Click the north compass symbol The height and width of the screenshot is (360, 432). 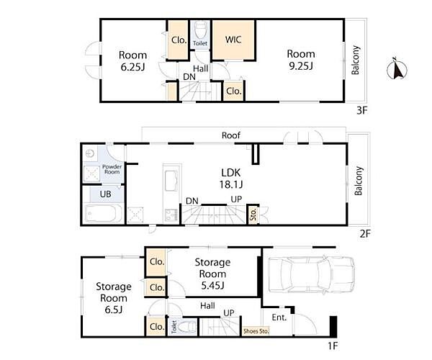point(397,69)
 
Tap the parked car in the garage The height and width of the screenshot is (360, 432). point(311,274)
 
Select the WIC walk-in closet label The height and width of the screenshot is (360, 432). point(233,40)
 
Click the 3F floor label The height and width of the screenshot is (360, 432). point(362,110)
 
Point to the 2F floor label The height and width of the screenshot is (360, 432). point(365,233)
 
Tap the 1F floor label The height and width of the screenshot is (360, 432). point(333,346)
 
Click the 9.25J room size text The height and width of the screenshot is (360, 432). point(301,66)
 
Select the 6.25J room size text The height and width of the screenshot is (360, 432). point(132,67)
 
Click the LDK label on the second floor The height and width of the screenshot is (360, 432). point(231,173)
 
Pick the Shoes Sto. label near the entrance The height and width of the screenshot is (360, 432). point(256,331)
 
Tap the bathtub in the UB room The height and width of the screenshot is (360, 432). point(103,213)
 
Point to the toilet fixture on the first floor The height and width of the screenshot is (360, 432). point(187,327)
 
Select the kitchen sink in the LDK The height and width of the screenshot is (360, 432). point(171,180)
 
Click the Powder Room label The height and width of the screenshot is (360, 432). point(112,169)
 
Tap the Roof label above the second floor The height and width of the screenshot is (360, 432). point(231,135)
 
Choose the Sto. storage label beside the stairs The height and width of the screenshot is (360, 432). point(253,215)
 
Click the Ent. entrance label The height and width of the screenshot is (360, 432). point(279,318)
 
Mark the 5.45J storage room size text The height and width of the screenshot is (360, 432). point(212,285)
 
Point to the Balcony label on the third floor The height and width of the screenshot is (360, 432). point(356,60)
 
